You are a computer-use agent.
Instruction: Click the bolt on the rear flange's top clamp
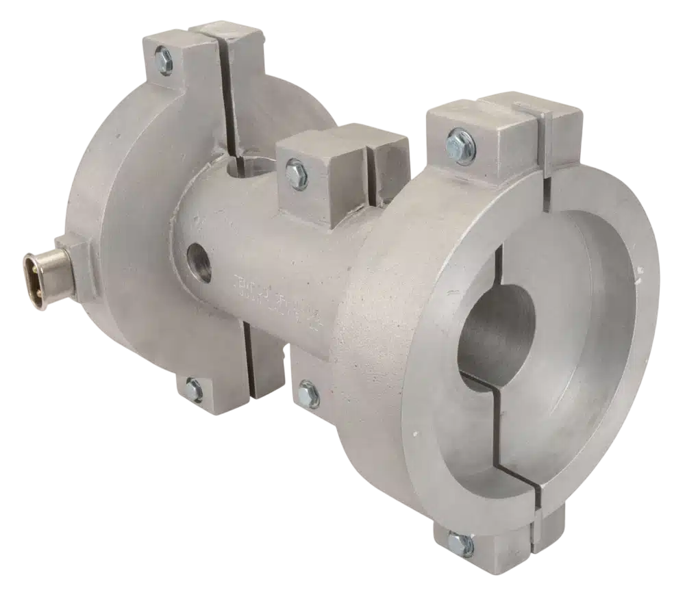pyautogui.click(x=164, y=60)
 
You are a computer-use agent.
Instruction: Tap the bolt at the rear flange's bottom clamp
pyautogui.click(x=194, y=390)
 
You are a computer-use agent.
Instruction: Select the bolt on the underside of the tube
pyautogui.click(x=308, y=395)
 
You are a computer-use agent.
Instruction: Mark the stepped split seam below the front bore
pyautogui.click(x=500, y=438)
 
